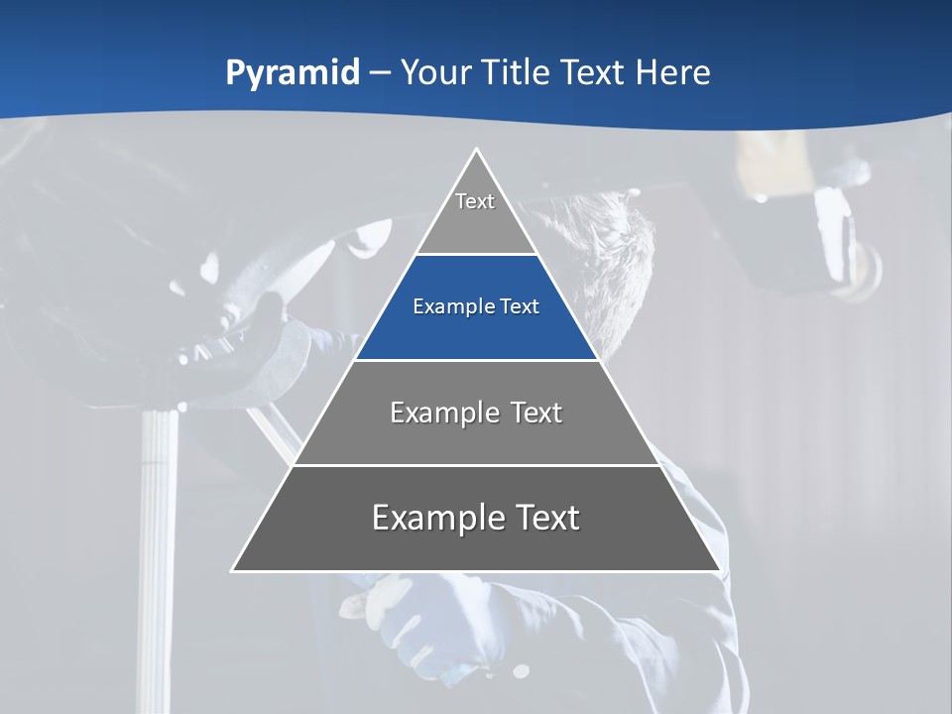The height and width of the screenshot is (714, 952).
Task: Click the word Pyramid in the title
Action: (293, 73)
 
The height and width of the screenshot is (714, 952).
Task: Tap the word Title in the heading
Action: (518, 72)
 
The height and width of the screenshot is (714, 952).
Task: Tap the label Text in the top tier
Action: (475, 201)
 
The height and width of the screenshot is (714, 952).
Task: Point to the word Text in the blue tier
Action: (520, 307)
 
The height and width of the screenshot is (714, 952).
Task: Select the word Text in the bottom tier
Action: (546, 518)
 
